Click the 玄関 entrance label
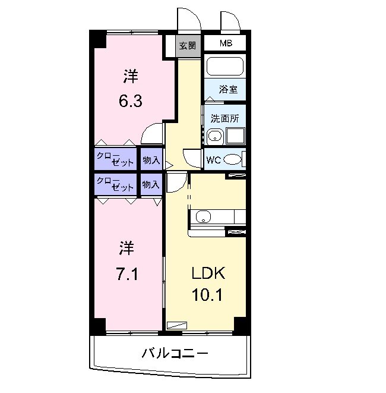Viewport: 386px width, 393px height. click(188, 46)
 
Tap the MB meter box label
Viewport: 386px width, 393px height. click(226, 43)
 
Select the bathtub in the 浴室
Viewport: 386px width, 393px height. click(224, 65)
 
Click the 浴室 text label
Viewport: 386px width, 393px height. click(228, 90)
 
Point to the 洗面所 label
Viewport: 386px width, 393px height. click(224, 118)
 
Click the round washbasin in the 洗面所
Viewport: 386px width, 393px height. click(215, 137)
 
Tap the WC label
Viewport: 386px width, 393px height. click(214, 159)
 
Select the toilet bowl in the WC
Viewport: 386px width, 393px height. click(233, 159)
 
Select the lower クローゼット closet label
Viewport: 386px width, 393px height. click(116, 184)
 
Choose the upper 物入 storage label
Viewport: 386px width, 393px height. click(151, 159)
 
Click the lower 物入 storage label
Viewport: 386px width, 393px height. click(151, 184)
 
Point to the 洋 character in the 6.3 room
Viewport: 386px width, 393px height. click(131, 77)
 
